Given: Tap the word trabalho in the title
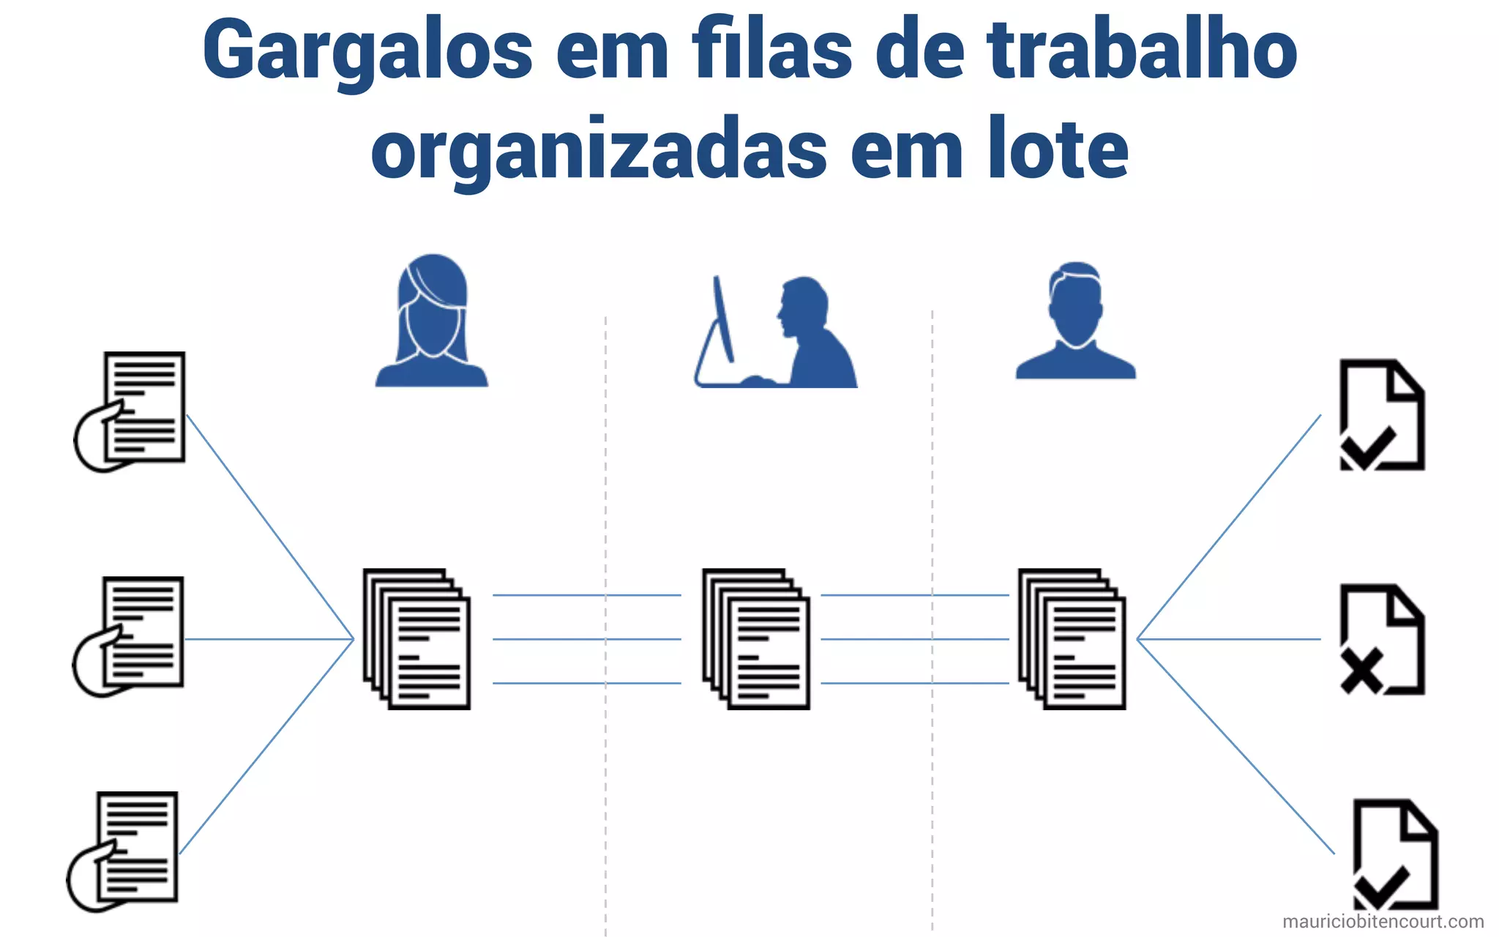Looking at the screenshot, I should [x=1142, y=50].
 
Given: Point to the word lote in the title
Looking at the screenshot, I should [x=1058, y=150].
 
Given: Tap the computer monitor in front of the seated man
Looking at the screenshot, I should [x=723, y=318].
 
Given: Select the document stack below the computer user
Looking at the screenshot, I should [x=756, y=638].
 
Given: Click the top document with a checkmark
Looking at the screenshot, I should [x=1381, y=414].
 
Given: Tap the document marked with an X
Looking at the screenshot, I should [x=1381, y=638].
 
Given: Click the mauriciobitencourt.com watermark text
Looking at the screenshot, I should [x=1383, y=922].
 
